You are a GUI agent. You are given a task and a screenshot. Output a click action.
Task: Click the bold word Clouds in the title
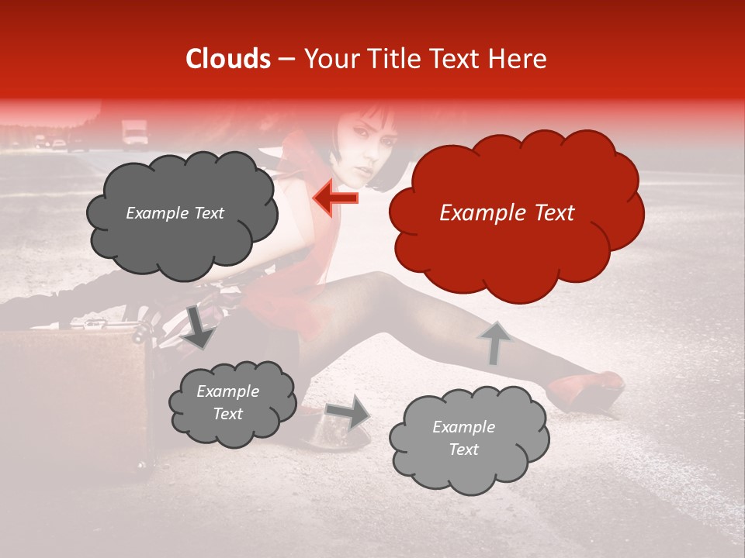coord(228,59)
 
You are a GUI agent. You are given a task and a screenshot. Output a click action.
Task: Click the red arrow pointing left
coord(335,198)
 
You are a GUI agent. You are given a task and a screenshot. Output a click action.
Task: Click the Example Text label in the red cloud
coord(507,213)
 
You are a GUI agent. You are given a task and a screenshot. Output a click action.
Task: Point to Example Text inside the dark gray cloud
coord(175,213)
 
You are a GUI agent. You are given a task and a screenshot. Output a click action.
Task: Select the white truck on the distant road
coord(135,133)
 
